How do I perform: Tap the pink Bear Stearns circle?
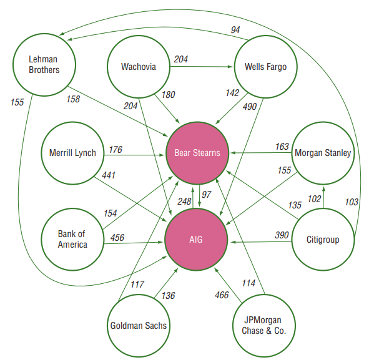(x=197, y=153)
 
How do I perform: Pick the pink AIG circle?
(x=196, y=240)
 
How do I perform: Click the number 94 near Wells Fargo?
(x=235, y=30)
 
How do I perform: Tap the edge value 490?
(x=250, y=107)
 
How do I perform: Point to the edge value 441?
(x=109, y=175)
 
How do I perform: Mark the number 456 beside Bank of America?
(x=117, y=238)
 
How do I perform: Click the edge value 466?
(x=222, y=295)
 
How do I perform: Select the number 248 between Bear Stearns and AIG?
(x=184, y=202)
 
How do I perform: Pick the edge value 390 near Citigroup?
(x=282, y=235)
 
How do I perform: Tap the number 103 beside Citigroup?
(x=352, y=202)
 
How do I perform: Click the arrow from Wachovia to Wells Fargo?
(x=202, y=67)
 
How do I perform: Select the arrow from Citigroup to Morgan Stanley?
(x=323, y=197)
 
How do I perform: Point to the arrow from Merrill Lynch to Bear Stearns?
(x=134, y=155)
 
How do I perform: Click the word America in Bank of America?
(x=72, y=245)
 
